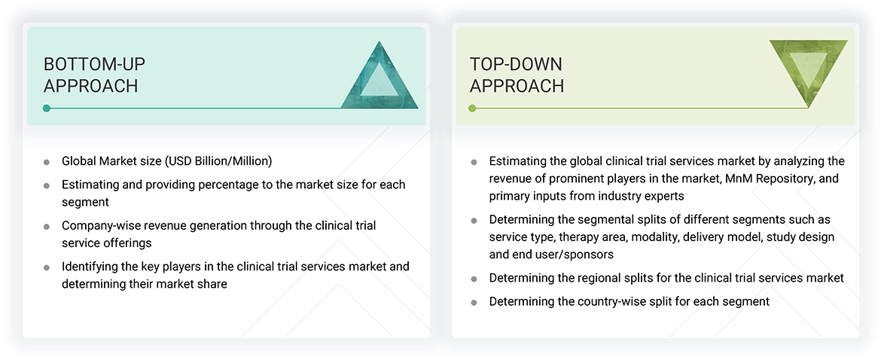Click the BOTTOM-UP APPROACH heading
90,75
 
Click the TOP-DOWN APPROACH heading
517,75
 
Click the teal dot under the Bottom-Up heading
47,108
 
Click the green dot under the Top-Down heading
472,108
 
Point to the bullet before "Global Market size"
47,162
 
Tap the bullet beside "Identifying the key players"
47,267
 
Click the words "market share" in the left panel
193,284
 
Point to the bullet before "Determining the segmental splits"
474,221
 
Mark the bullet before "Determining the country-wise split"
474,302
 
